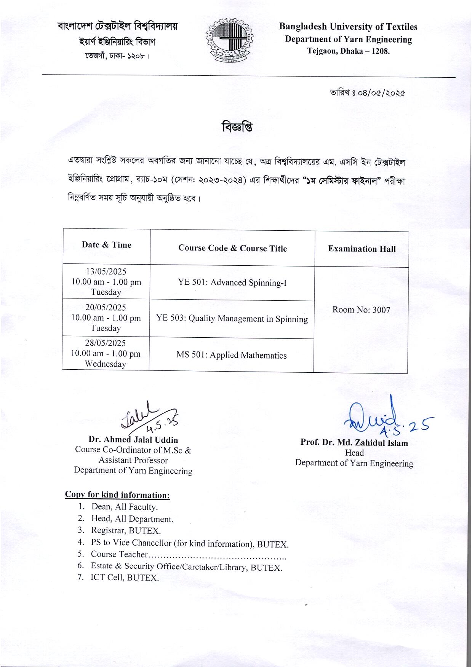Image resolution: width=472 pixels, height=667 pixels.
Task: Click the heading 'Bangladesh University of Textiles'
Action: click(x=348, y=27)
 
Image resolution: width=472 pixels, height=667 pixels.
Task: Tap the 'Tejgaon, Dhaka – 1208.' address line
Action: click(x=348, y=51)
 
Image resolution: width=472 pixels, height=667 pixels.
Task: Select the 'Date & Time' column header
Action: click(x=106, y=245)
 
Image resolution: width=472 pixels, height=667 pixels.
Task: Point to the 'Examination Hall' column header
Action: click(x=362, y=249)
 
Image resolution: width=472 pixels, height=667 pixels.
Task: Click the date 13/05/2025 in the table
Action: click(x=106, y=272)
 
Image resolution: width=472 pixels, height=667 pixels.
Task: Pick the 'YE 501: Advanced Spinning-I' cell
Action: click(x=232, y=282)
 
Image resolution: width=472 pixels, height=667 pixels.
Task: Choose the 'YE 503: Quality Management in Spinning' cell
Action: click(x=232, y=319)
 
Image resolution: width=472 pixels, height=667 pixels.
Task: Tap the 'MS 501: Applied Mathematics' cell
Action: click(x=231, y=355)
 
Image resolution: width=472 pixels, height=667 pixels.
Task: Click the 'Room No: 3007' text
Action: click(x=361, y=310)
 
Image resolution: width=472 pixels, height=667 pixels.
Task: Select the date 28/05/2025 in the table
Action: click(x=105, y=343)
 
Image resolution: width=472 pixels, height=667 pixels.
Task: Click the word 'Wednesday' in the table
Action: click(x=105, y=364)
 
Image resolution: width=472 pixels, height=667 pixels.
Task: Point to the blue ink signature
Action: click(x=385, y=417)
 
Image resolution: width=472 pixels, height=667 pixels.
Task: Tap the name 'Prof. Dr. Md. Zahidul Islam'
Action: click(x=354, y=443)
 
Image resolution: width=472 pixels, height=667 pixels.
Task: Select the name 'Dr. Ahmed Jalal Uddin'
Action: click(x=133, y=440)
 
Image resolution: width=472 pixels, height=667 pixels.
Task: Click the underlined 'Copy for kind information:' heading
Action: click(x=117, y=495)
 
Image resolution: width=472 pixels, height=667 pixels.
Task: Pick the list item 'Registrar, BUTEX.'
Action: click(x=126, y=530)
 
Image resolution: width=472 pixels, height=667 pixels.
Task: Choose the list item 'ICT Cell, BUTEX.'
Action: click(x=124, y=578)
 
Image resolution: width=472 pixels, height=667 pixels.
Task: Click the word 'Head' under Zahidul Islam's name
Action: click(x=354, y=453)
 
